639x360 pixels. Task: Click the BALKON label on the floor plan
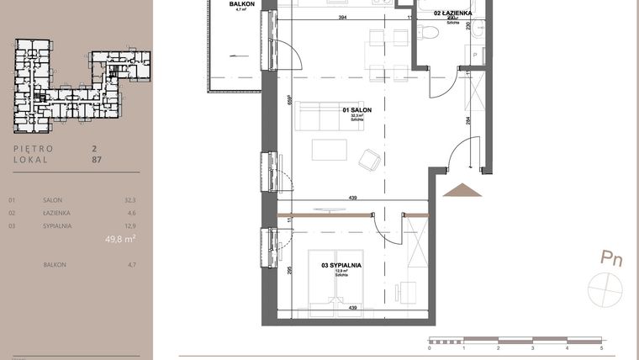pyautogui.click(x=242, y=4)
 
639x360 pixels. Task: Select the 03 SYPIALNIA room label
pyautogui.click(x=341, y=265)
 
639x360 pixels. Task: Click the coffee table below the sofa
pyautogui.click(x=329, y=150)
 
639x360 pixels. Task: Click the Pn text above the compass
pyautogui.click(x=610, y=258)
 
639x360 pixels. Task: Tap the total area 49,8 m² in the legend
pyautogui.click(x=122, y=239)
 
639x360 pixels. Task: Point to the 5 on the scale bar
pyautogui.click(x=601, y=347)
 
